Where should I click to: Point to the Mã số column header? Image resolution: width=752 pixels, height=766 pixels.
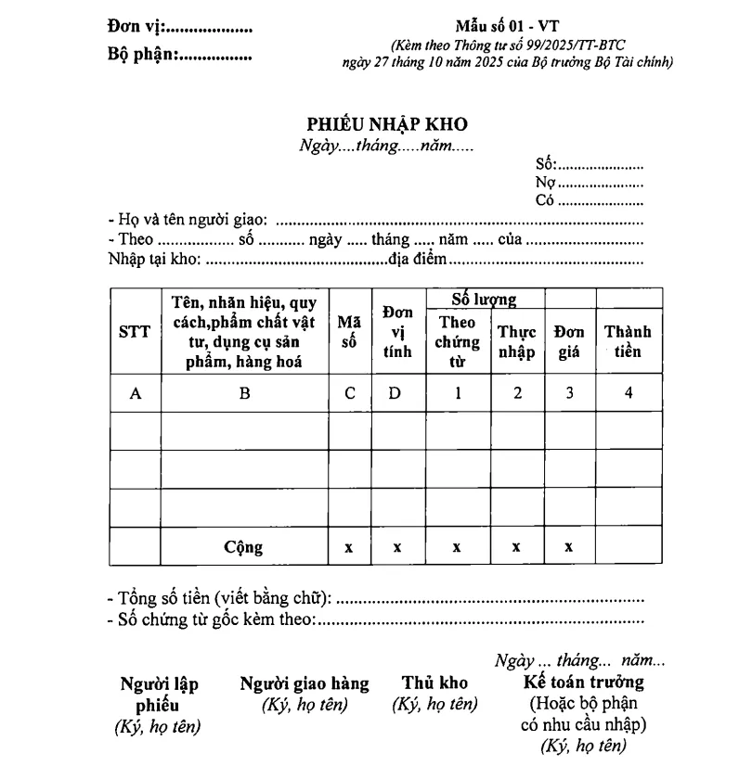click(x=349, y=332)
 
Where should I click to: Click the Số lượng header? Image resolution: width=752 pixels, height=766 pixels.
click(x=484, y=299)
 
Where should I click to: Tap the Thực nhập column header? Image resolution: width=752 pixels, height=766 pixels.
click(x=517, y=342)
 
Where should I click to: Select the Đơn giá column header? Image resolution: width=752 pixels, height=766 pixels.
click(x=568, y=342)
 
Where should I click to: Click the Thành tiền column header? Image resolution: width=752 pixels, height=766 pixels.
click(x=629, y=342)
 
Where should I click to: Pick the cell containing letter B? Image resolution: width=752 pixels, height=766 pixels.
click(x=245, y=393)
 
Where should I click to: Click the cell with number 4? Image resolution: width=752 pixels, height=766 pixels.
click(x=629, y=393)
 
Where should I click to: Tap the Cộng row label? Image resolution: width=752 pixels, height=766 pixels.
click(x=243, y=547)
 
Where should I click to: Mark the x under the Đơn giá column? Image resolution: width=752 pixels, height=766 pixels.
click(x=568, y=547)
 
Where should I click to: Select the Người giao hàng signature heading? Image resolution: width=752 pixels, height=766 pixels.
click(x=305, y=683)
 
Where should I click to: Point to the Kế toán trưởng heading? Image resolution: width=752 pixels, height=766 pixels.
click(x=584, y=683)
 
